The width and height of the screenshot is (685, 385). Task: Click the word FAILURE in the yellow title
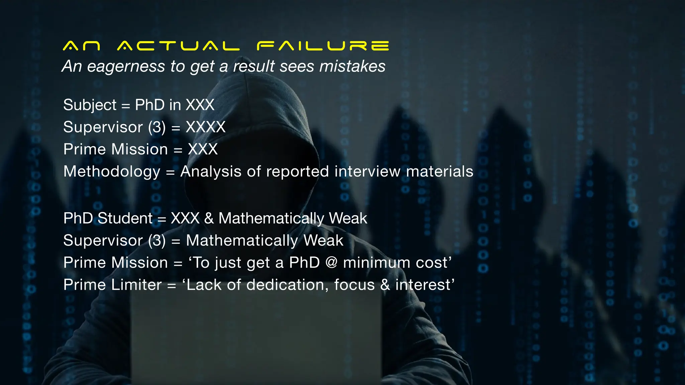coord(323,46)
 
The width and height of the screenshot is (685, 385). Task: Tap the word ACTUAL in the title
coord(178,46)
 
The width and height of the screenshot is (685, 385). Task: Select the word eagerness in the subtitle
coord(126,66)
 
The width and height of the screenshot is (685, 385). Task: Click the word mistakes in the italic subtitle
coord(352,66)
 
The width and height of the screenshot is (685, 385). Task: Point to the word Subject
coord(90,105)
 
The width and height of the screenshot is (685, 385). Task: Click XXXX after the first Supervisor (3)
coord(206,127)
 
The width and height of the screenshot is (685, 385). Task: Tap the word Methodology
coord(112,172)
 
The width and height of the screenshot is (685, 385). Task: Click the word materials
coord(439,172)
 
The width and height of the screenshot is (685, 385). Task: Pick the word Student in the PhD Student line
coord(125,219)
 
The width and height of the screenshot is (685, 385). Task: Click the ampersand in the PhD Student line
coord(209,219)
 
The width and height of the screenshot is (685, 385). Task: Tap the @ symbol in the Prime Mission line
coord(331,263)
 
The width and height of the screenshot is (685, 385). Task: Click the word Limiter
coord(136,285)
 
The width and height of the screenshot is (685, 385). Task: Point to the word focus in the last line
coord(354,285)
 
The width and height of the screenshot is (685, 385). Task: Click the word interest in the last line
coord(423,285)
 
